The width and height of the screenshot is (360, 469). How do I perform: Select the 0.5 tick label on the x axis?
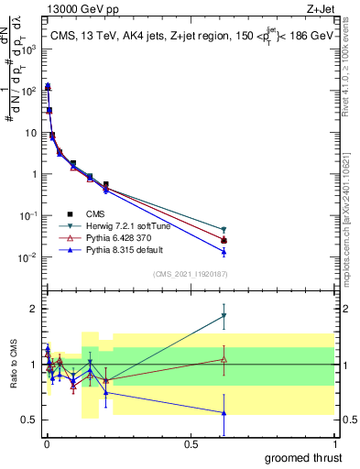[191, 443]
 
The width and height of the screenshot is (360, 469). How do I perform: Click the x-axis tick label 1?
[334, 443]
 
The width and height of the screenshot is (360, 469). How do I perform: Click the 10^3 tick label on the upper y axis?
[28, 49]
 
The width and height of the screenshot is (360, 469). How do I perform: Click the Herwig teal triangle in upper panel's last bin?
[224, 229]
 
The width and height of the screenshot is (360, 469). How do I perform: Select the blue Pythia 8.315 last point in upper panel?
[224, 252]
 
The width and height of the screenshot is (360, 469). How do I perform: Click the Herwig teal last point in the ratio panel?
[224, 316]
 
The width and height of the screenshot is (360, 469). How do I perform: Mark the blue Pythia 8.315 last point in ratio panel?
[224, 413]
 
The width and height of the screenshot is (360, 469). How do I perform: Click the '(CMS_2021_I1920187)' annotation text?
[190, 272]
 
